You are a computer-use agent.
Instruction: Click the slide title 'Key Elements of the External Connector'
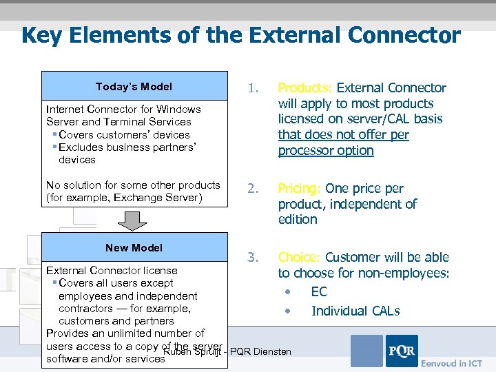tap(240, 35)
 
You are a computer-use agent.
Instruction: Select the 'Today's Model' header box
tap(134, 87)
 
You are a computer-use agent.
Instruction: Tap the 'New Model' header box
tap(134, 248)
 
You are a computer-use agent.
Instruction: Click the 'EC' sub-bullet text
tap(319, 292)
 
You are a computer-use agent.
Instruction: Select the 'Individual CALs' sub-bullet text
tap(355, 311)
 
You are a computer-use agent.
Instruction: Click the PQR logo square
tap(401, 351)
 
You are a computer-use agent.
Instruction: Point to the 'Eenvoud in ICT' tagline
tap(451, 363)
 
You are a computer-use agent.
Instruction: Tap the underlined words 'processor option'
tap(326, 151)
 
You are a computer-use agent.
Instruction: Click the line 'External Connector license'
tap(112, 271)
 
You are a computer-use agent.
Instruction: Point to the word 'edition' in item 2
tap(298, 220)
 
